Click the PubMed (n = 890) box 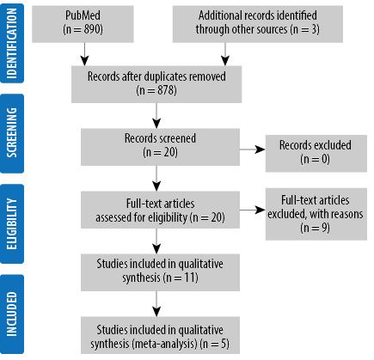83,24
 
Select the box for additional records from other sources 258,24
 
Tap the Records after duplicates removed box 156,84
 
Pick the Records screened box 160,147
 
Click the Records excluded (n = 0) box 316,153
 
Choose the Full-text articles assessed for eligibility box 160,210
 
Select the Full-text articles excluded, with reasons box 316,214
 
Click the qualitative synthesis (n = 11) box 160,272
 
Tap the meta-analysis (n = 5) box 160,335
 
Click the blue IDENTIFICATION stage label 12,43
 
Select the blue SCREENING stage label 12,133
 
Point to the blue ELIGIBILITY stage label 12,223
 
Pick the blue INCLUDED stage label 12,314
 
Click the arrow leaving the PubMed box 84,54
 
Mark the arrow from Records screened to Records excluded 253,149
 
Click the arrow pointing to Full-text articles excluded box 253,210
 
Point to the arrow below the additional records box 225,54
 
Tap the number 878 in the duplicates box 167,90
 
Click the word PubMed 83,15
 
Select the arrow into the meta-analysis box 156,303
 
